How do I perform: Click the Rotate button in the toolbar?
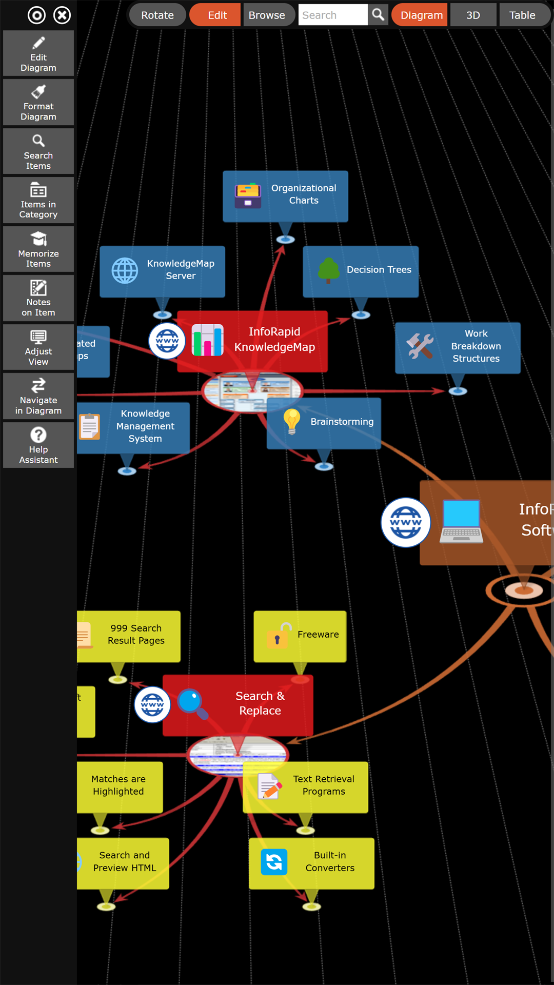point(157,15)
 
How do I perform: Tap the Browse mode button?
point(267,15)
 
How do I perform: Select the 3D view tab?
point(473,15)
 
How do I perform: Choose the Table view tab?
point(522,15)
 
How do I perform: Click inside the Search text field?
point(332,15)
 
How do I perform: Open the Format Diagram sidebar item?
point(38,102)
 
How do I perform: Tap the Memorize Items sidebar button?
point(38,249)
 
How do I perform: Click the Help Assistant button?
point(38,445)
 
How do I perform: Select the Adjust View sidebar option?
point(38,347)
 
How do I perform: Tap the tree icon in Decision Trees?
point(328,270)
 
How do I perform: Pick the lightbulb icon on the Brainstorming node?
point(291,422)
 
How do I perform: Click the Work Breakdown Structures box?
point(458,347)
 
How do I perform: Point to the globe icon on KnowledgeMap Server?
point(125,270)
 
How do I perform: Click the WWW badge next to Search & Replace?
point(152,704)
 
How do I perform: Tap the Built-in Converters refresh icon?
point(274,862)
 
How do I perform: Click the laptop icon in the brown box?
point(461,521)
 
